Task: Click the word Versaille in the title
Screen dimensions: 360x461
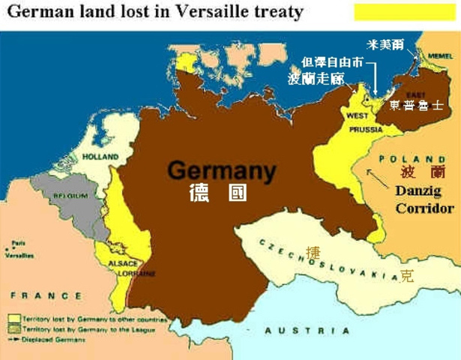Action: tap(212, 11)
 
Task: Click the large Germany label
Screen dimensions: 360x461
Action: tap(221, 170)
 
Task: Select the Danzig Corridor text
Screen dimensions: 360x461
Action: tap(424, 200)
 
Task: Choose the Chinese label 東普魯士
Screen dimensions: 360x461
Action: tap(417, 106)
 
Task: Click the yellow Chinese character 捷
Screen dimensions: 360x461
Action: tap(313, 253)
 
